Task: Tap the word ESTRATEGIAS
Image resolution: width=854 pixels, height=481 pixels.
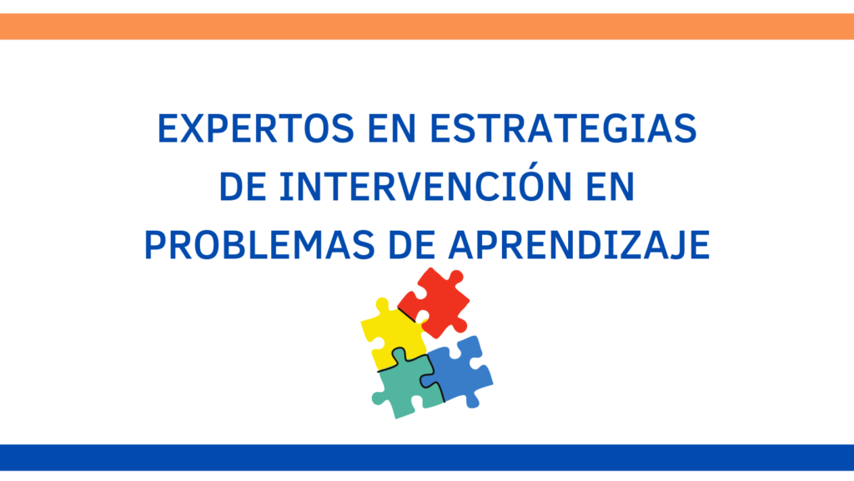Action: click(x=563, y=128)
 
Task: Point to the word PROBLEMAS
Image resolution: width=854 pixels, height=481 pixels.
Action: click(x=259, y=245)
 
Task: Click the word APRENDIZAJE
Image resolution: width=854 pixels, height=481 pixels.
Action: click(x=579, y=245)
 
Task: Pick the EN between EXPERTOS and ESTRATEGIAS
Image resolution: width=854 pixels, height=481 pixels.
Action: click(x=392, y=128)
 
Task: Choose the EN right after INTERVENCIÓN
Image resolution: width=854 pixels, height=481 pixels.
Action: click(x=610, y=187)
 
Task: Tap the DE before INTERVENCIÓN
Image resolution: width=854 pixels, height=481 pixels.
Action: click(x=243, y=187)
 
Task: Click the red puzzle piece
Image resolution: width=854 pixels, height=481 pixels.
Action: click(x=435, y=302)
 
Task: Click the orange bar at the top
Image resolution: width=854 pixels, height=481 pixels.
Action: click(x=427, y=26)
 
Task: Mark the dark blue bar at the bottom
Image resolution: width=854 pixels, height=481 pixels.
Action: click(x=427, y=458)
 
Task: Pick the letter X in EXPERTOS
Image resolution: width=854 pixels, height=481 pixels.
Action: click(x=193, y=128)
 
